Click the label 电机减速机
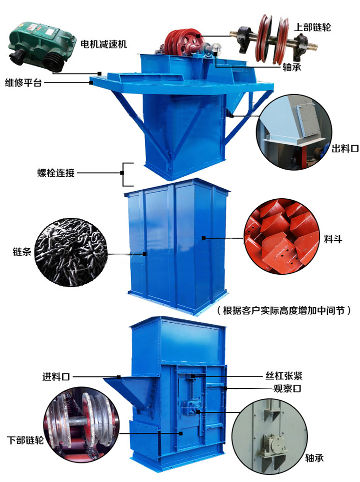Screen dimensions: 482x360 point(103,44)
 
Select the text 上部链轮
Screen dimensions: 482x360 point(312,27)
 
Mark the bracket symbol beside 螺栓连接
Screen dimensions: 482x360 point(128,173)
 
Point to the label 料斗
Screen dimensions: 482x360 point(333,239)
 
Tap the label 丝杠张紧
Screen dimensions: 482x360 point(283,375)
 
